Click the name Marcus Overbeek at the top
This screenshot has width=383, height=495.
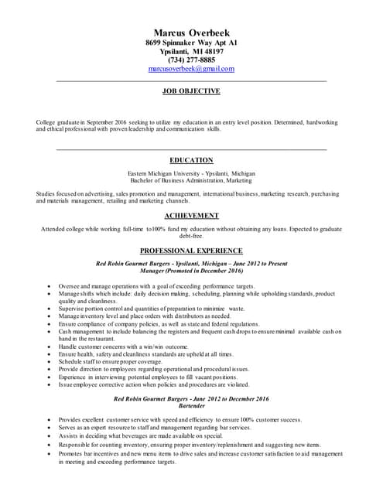coord(190,32)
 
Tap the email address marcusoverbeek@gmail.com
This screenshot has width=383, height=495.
coord(190,69)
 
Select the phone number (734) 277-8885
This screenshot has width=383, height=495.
coord(190,60)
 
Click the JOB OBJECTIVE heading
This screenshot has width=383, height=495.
coord(191,91)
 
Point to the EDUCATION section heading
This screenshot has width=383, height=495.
coord(191,160)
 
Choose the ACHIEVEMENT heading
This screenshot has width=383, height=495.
coord(191,216)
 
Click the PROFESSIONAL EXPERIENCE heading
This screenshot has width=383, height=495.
coord(191,251)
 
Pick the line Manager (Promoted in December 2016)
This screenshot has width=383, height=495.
coord(191,271)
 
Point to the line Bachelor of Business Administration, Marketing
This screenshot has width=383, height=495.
coord(191,180)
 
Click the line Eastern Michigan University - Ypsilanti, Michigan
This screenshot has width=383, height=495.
coord(191,173)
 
